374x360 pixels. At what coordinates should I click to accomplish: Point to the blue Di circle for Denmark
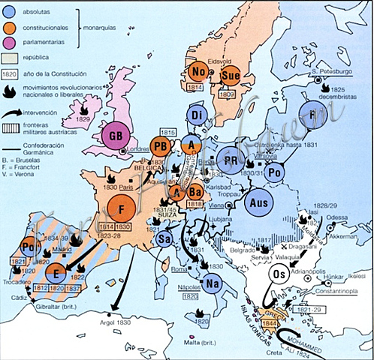click(198, 115)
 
